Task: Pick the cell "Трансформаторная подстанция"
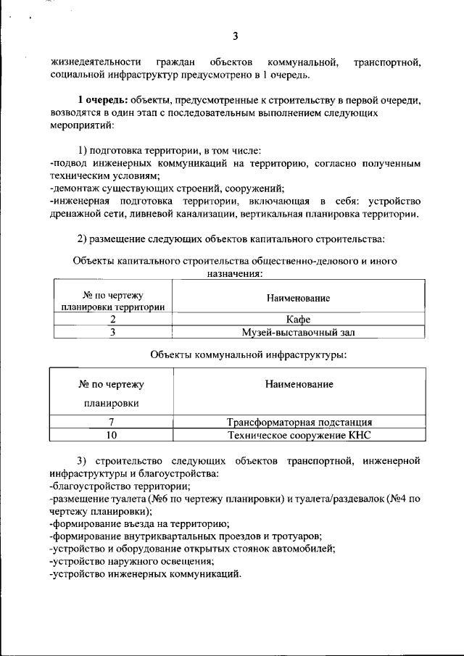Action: [x=299, y=422]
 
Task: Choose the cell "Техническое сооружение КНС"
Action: [x=299, y=435]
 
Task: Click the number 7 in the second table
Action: [x=112, y=422]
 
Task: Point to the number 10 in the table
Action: [x=112, y=435]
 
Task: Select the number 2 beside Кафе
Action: [x=112, y=319]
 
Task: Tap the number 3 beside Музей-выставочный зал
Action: [x=112, y=333]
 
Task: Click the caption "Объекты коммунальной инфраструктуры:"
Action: [x=248, y=354]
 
